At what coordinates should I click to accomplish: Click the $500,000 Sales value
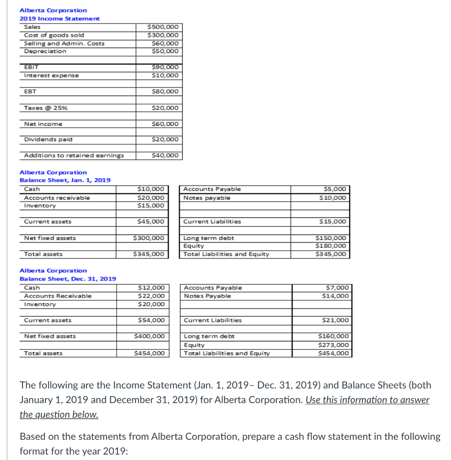click(x=163, y=27)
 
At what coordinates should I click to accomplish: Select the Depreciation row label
click(x=45, y=51)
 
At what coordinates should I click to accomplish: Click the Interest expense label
click(x=51, y=75)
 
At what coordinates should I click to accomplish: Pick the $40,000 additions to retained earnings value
click(x=165, y=155)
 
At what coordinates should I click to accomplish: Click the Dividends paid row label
click(x=48, y=139)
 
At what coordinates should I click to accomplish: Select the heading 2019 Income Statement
click(x=60, y=18)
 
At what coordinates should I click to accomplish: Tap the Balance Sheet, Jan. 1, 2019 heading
click(x=65, y=180)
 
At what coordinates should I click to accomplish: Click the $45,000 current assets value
click(x=153, y=221)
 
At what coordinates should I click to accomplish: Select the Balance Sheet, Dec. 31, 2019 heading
click(x=68, y=279)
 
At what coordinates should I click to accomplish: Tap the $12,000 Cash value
click(x=153, y=287)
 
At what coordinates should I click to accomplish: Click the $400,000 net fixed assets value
click(x=151, y=336)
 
